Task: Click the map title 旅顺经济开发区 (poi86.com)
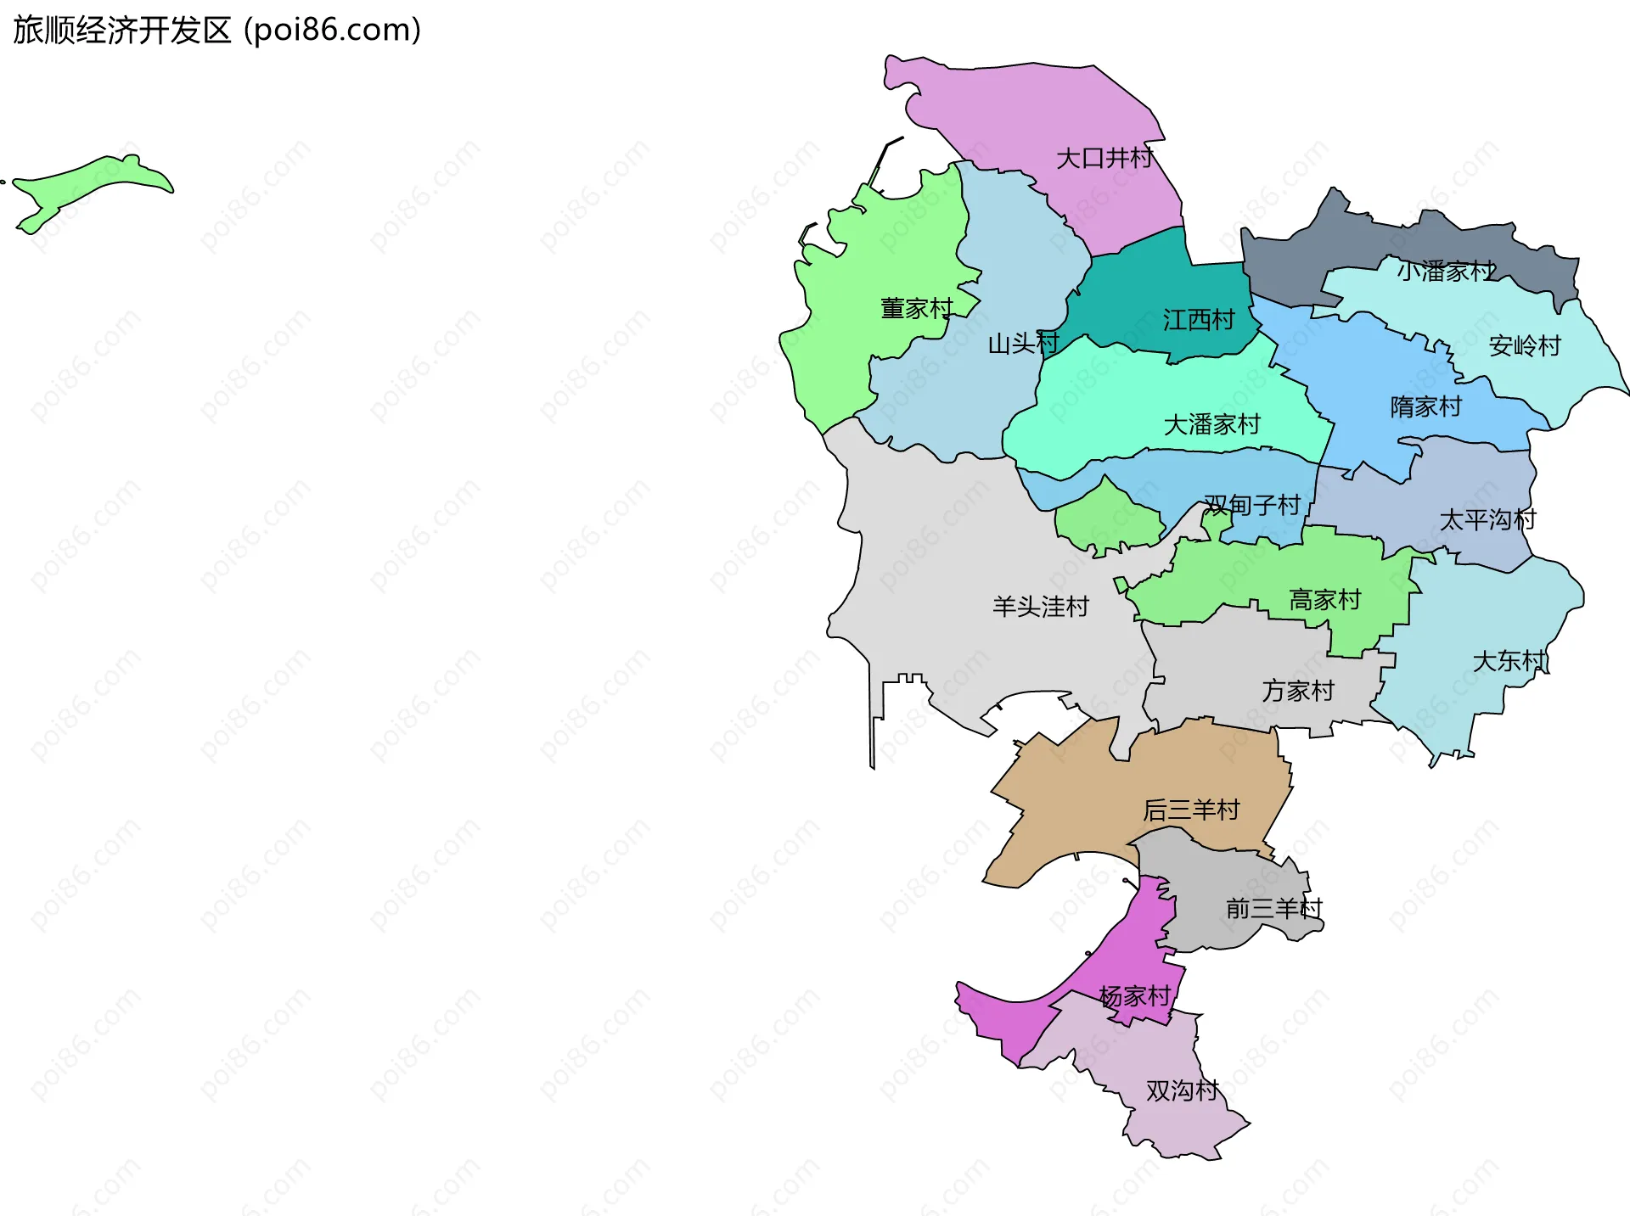[217, 31]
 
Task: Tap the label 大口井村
[1104, 159]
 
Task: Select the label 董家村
[917, 308]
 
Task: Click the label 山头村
[1023, 344]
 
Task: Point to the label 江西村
[1199, 320]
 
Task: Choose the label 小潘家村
[1446, 272]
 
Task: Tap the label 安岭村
[1525, 346]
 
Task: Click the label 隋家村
[1425, 407]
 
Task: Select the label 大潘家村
[1211, 424]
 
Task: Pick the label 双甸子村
[1252, 506]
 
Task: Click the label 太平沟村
[1487, 520]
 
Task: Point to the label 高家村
[1324, 600]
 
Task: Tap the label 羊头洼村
[1040, 607]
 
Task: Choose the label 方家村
[1297, 691]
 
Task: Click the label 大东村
[1509, 661]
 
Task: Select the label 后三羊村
[1191, 810]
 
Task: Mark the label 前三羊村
[1273, 909]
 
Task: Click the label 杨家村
[1134, 996]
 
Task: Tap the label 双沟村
[1182, 1090]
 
